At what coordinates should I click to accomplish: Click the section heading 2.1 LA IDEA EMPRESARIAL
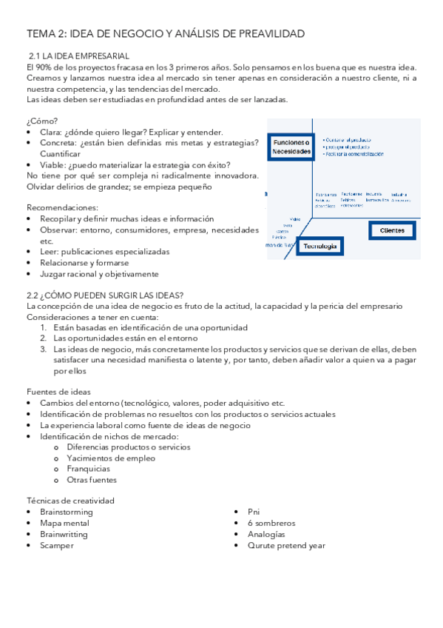pos(78,56)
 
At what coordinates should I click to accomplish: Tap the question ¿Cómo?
pos(41,121)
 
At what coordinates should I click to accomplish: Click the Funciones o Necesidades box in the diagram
pos(292,146)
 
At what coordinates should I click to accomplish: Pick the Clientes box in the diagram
pos(392,230)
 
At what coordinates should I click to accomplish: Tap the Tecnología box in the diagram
pos(320,246)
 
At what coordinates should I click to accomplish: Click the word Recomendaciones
pos(61,208)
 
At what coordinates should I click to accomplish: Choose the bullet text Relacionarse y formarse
pos(84,263)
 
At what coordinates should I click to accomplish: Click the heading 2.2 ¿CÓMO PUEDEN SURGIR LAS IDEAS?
pos(105,295)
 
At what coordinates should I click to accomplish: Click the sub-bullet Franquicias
pos(88,469)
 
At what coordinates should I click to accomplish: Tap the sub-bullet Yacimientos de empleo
pos(111,458)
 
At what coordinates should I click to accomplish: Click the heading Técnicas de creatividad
pos(70,501)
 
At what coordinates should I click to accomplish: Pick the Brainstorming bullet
pos(66,512)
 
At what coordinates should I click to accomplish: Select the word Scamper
pos(57,546)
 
